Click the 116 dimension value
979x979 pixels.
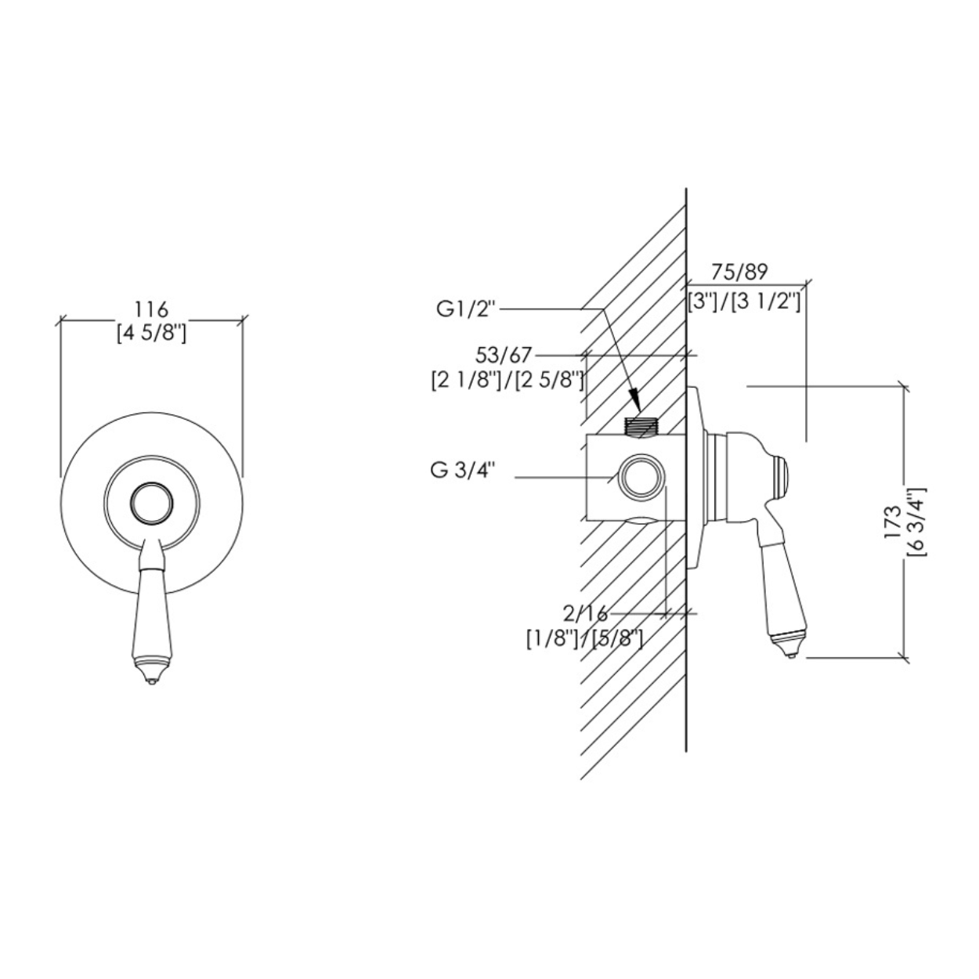point(151,309)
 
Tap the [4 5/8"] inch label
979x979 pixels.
point(151,334)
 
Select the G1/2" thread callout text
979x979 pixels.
point(465,309)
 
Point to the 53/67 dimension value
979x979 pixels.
point(504,355)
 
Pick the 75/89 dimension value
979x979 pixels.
point(739,273)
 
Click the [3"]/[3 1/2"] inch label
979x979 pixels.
point(744,302)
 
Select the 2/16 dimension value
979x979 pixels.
point(585,614)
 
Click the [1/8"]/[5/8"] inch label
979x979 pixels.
point(585,638)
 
